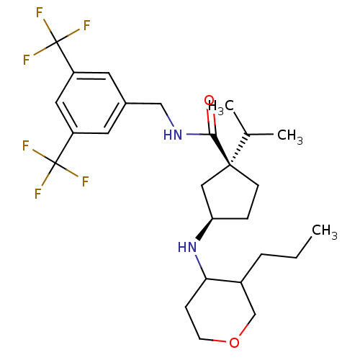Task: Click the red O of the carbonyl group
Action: tap(209, 100)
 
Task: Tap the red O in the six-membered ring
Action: tap(234, 342)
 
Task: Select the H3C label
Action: tap(221, 107)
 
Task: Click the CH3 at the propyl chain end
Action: tap(325, 231)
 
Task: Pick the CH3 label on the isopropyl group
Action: tap(290, 136)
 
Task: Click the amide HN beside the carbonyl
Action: tap(173, 135)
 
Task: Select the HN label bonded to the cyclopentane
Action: tap(187, 247)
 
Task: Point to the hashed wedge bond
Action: tap(239, 150)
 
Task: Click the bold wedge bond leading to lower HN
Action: tap(205, 229)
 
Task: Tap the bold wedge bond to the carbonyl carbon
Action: tap(220, 150)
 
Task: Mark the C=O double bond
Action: tap(211, 121)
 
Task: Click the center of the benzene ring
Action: tap(91, 103)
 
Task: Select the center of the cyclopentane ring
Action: tap(230, 195)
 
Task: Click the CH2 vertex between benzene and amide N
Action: tap(161, 104)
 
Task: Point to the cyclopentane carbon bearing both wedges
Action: tap(230, 165)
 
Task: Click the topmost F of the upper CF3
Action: tap(40, 12)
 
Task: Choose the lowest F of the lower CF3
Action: tap(38, 194)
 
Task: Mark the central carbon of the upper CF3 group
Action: tap(57, 42)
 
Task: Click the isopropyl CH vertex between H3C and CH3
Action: tap(248, 135)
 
